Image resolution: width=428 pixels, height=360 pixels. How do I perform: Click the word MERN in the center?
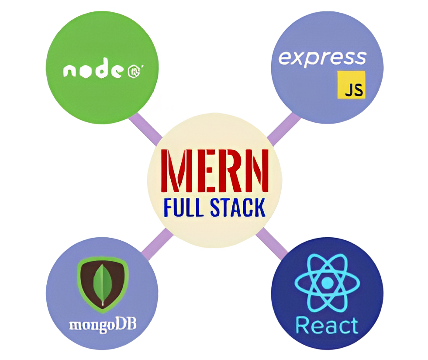pos(214,171)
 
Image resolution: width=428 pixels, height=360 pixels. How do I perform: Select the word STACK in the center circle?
pos(238,208)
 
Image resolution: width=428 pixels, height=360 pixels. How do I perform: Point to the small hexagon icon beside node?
pos(135,72)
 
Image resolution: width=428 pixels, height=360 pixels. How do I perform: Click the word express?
pos(322,58)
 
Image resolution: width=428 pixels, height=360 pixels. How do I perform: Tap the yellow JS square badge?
pos(351,85)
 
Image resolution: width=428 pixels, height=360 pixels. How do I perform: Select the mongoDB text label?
pos(102,325)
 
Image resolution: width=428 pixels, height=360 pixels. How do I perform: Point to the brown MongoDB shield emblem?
pos(103,284)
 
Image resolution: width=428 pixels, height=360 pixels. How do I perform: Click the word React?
pos(327,325)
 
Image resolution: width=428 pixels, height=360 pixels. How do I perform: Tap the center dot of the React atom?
pos(327,283)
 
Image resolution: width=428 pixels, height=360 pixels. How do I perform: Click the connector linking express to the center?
pos(284,129)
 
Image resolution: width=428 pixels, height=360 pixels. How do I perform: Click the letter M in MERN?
pos(174,171)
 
